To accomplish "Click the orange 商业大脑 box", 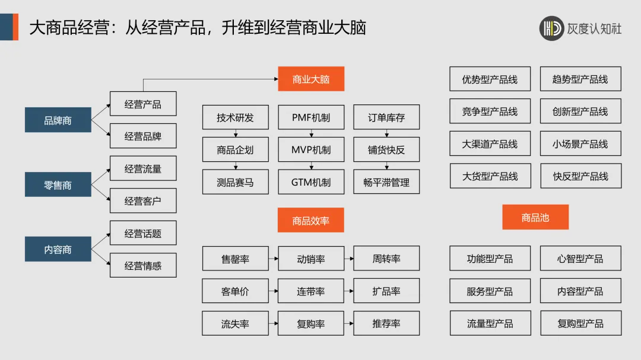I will [311, 79].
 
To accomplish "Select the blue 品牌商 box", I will [58, 120].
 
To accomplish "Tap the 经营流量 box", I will [143, 169].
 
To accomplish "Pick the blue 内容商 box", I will [58, 250].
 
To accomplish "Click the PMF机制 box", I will [311, 117].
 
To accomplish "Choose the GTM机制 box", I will [311, 182].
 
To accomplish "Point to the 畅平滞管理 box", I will [386, 182].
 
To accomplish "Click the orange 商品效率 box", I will [310, 221].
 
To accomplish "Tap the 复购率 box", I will [311, 324].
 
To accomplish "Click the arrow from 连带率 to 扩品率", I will [348, 291].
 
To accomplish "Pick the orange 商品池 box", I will [535, 218].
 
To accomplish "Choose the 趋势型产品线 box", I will [580, 79].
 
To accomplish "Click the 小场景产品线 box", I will [580, 144].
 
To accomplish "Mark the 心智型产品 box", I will [580, 259].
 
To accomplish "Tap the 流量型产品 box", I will [490, 324].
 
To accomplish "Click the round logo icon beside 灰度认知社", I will [552, 28].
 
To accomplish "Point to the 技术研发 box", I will [235, 117].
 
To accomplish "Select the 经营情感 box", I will [143, 266].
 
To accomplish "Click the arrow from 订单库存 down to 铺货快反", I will [386, 133].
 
